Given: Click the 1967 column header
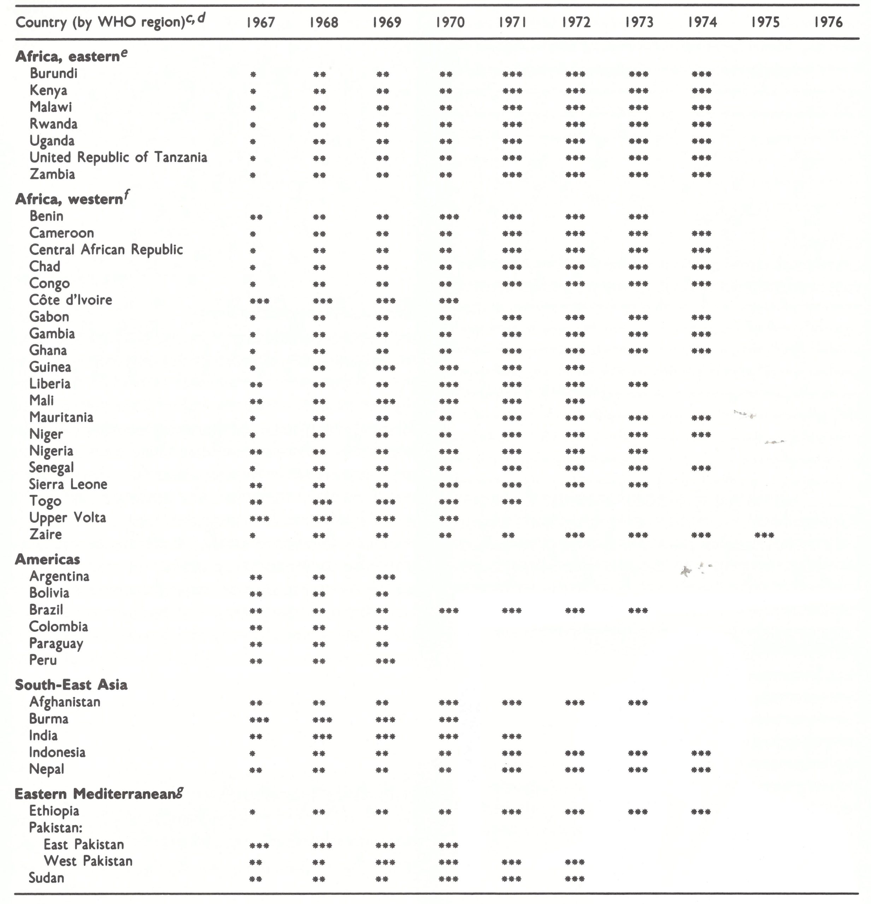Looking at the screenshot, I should click(260, 22).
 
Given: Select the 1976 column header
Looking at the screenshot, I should click(828, 22).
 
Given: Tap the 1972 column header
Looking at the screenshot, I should click(576, 22).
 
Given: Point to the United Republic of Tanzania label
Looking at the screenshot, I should click(118, 157).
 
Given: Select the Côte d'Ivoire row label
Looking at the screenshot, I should click(71, 300).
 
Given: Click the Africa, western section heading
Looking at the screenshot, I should click(69, 199).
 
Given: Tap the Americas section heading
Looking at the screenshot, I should click(48, 559).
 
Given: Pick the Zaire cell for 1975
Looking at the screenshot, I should click(764, 535).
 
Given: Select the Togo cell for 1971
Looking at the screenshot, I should click(512, 502).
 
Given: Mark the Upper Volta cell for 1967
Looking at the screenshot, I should click(259, 519).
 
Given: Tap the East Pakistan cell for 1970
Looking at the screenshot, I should click(449, 845).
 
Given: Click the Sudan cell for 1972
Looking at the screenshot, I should click(575, 879).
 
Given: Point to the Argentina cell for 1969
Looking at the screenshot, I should click(386, 577).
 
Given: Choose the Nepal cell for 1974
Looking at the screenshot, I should click(701, 770).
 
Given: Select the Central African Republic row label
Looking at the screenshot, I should click(106, 250).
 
